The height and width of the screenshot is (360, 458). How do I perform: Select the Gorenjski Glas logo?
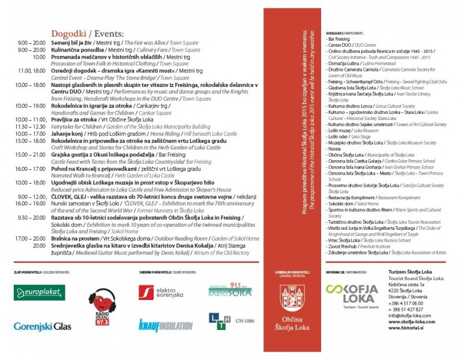[41, 326]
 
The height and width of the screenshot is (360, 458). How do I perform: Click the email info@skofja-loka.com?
[411, 315]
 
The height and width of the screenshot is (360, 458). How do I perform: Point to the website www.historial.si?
[408, 328]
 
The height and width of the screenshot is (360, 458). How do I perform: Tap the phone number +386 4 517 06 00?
[406, 303]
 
